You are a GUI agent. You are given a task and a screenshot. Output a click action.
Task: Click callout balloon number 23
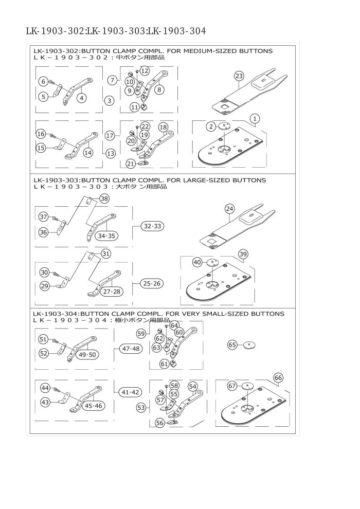(x=239, y=76)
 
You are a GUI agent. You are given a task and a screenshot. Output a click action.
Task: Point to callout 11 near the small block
(x=134, y=107)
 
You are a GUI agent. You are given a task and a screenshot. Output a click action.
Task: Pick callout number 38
(x=104, y=198)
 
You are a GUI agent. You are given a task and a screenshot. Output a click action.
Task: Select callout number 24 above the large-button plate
(x=229, y=209)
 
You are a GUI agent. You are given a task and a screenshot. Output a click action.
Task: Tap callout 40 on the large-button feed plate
(x=197, y=262)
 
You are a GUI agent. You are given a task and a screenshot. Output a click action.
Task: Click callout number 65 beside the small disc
(x=232, y=345)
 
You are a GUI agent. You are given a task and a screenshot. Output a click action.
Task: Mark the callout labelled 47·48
(x=131, y=349)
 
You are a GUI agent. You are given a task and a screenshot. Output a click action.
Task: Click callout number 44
(x=45, y=388)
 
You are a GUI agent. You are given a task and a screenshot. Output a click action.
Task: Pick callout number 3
(x=109, y=101)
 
